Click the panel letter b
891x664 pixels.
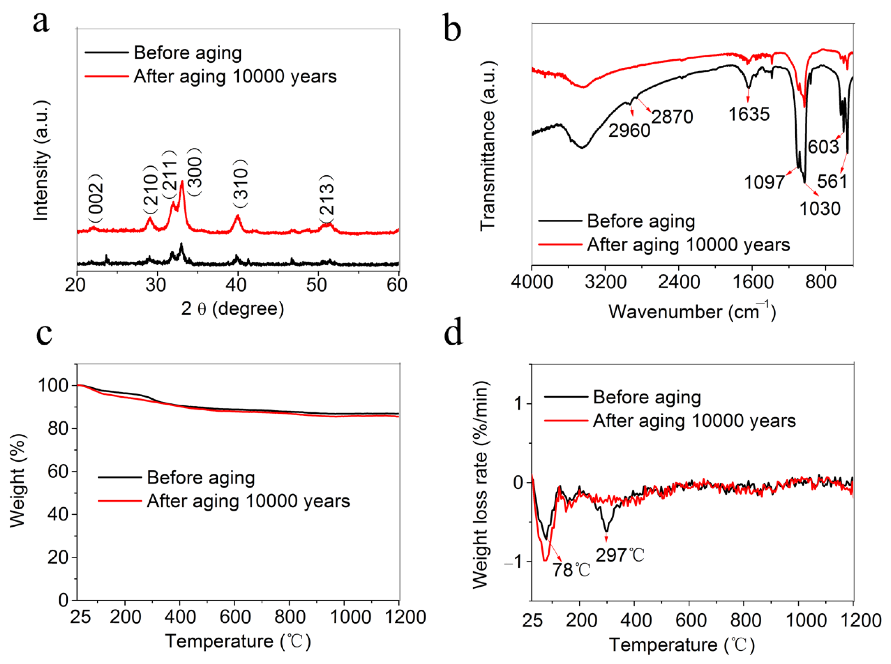click(452, 28)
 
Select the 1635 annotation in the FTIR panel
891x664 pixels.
click(749, 114)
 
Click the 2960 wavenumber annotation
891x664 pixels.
click(629, 130)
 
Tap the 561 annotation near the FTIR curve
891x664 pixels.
click(832, 181)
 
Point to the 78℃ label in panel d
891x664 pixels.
click(571, 570)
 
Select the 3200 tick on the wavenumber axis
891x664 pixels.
click(605, 282)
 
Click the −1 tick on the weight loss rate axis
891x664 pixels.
click(513, 562)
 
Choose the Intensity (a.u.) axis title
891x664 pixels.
click(41, 161)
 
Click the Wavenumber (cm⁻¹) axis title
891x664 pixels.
click(692, 311)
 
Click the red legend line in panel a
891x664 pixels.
click(106, 76)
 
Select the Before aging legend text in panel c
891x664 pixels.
click(201, 478)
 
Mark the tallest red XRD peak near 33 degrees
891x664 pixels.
click(182, 182)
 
